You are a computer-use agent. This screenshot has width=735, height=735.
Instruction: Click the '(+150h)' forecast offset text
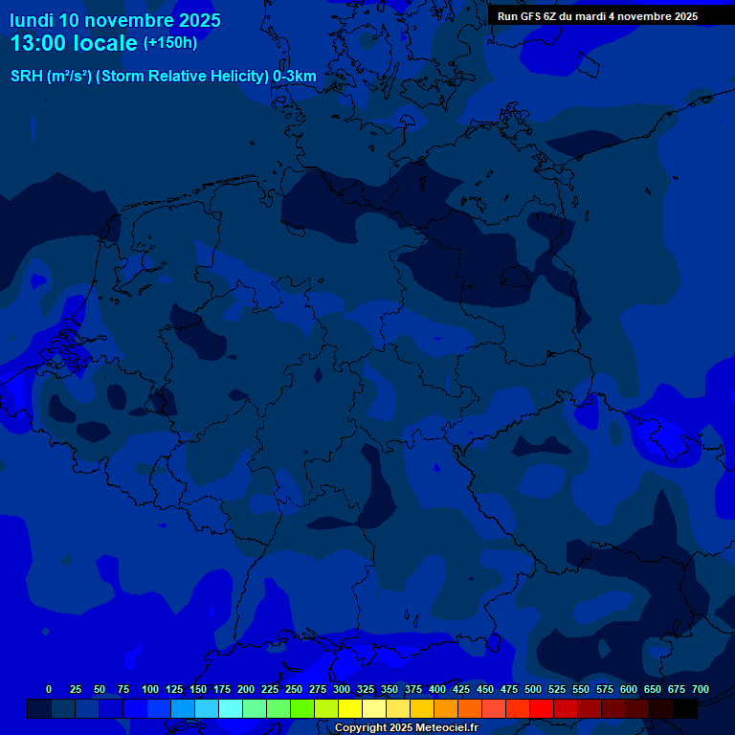click(x=170, y=43)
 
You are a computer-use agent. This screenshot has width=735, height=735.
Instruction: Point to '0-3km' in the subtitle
click(x=295, y=77)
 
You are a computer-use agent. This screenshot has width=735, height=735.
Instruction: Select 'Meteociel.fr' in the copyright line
click(x=443, y=728)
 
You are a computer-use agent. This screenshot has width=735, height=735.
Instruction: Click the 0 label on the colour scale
click(x=49, y=690)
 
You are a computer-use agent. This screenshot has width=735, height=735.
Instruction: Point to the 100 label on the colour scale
click(x=150, y=690)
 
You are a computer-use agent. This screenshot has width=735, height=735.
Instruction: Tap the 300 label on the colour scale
click(x=342, y=690)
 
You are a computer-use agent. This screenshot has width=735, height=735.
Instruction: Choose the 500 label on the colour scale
click(x=533, y=690)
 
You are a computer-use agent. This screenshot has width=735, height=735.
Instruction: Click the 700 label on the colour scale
click(x=701, y=690)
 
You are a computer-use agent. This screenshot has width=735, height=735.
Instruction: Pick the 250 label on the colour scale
click(x=294, y=690)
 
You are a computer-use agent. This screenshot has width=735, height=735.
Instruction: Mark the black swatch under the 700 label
click(x=685, y=708)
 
